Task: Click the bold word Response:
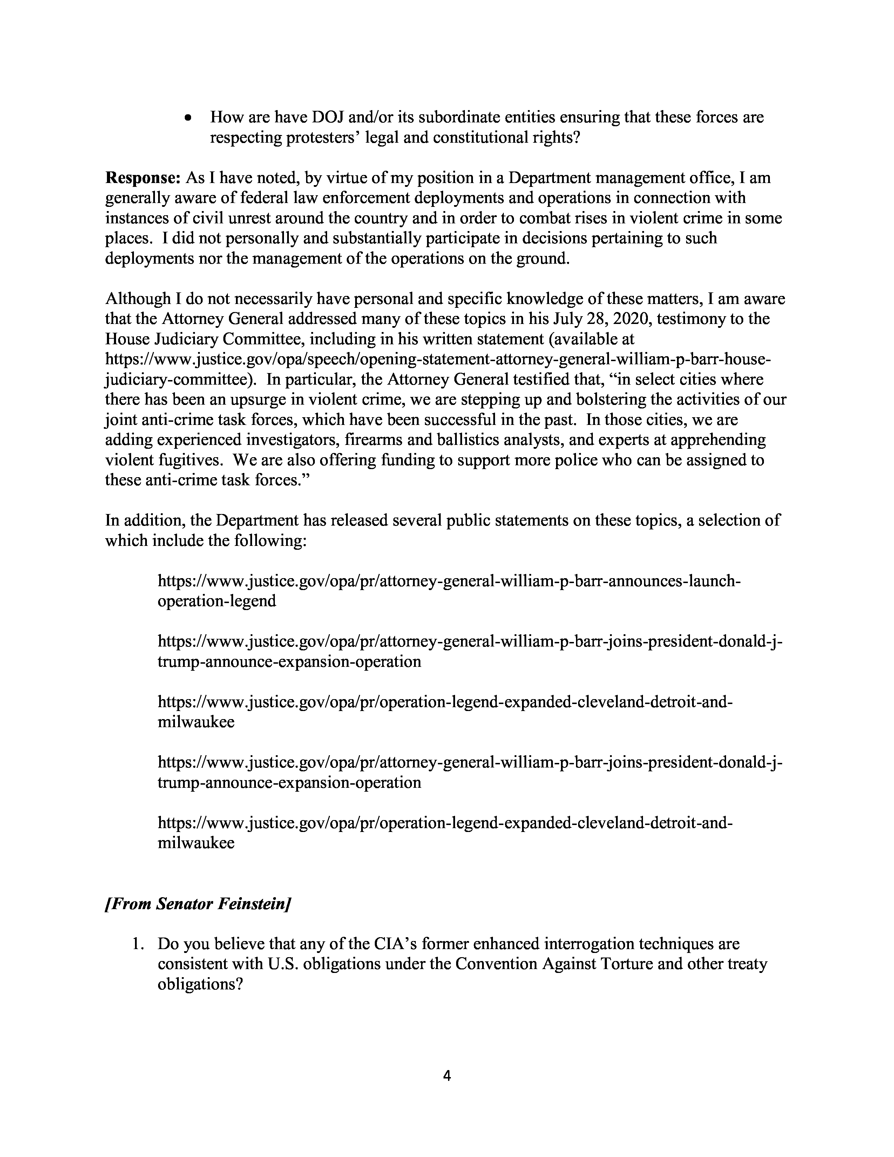pyautogui.click(x=143, y=178)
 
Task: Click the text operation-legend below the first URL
pyautogui.click(x=217, y=601)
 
